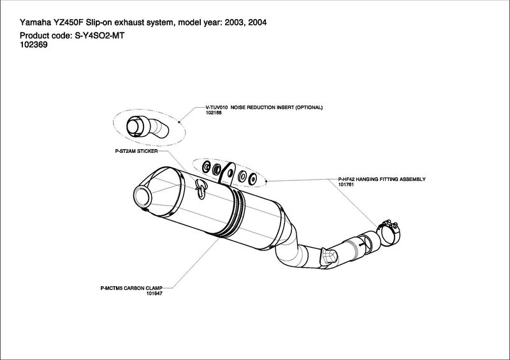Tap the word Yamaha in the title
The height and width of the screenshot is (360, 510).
(37, 23)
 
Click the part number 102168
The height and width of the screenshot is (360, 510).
(215, 113)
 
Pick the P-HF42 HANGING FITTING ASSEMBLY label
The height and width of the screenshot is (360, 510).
(381, 179)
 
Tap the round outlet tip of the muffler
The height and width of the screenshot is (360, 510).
(143, 194)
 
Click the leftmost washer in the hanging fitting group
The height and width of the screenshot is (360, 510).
(206, 166)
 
